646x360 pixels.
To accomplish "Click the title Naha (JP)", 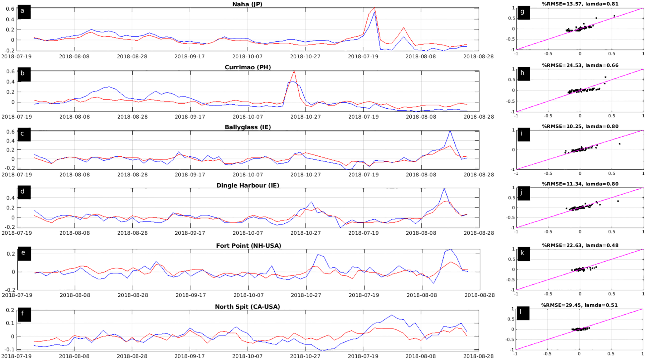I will pos(247,4).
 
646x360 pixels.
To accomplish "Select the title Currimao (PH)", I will pos(248,67).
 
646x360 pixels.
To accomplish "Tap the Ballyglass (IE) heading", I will pos(248,127).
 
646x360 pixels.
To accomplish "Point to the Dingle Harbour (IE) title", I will pos(248,185).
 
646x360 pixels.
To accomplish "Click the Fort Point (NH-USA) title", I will pos(248,246).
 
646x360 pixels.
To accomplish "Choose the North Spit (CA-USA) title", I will pos(247,307).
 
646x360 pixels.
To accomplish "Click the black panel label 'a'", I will pos(24,12).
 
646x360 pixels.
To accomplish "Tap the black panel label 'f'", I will pos(24,314).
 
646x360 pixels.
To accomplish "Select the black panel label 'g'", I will pos(523,13).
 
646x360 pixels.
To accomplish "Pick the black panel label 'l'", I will pos(523,313).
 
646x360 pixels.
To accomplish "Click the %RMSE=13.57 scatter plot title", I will pos(580,4).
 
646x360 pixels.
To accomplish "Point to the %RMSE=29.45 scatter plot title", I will pos(579,305).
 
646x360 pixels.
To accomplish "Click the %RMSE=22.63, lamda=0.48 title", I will pos(580,245).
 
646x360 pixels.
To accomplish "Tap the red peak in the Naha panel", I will pos(374,8).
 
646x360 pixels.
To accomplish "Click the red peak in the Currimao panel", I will pos(294,71).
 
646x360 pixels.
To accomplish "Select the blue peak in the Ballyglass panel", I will pos(450,131).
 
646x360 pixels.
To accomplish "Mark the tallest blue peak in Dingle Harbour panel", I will pos(444,189).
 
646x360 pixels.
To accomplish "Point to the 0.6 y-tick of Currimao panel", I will pos(11,71).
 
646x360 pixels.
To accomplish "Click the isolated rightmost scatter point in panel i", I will pos(619,144).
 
